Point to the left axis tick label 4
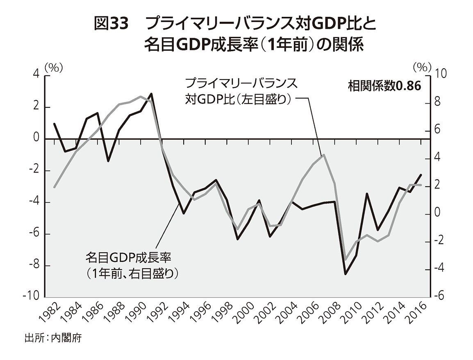[36, 75]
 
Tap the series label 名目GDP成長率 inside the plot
[127, 258]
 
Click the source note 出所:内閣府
[54, 339]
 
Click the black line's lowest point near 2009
[346, 274]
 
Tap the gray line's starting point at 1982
[54, 187]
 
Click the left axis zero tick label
[36, 139]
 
